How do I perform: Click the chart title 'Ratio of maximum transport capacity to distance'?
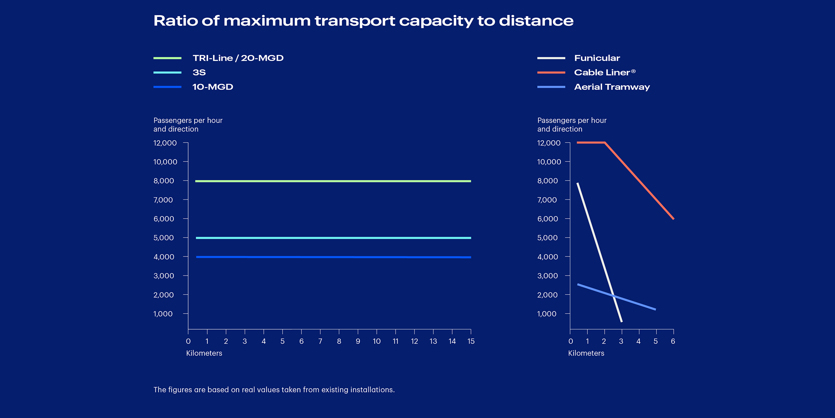(x=363, y=21)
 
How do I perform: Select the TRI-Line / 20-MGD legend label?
(x=238, y=58)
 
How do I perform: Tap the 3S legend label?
(x=199, y=73)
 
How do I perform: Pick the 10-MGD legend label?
(x=213, y=87)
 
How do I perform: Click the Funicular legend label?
(x=597, y=58)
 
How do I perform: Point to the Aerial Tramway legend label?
(x=612, y=87)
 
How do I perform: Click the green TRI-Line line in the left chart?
(x=333, y=181)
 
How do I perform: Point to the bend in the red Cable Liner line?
(x=605, y=143)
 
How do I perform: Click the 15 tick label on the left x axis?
(x=471, y=341)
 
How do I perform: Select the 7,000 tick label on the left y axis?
(x=163, y=200)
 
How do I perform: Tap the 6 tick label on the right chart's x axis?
(x=673, y=341)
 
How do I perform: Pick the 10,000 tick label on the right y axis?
(x=549, y=162)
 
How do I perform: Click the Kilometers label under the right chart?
(x=586, y=353)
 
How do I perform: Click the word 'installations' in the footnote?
(x=372, y=390)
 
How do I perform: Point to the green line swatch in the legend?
(x=167, y=58)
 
